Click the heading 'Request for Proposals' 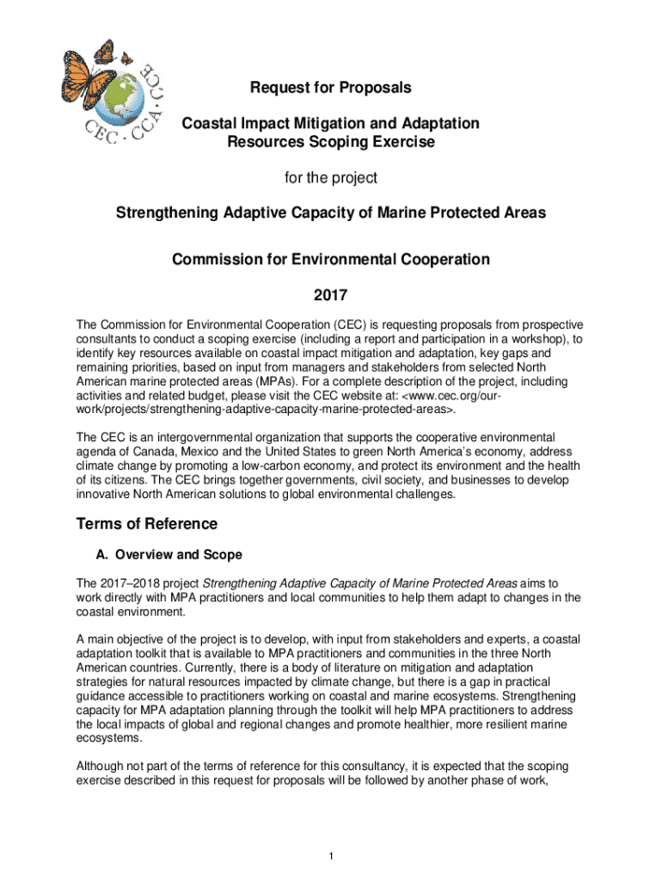pos(331,88)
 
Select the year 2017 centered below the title pos(331,296)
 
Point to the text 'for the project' pos(331,179)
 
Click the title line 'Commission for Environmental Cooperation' pos(331,259)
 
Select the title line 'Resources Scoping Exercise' pos(331,142)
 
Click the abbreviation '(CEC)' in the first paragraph pos(348,325)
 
